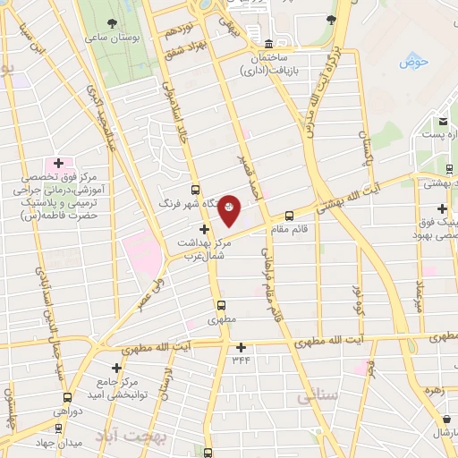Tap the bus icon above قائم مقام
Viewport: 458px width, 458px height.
(289, 216)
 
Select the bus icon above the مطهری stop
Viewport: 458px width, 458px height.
(223, 305)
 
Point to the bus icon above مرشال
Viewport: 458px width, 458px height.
(445, 418)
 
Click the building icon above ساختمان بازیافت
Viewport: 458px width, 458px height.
(268, 44)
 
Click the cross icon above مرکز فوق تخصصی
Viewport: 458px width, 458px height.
(59, 163)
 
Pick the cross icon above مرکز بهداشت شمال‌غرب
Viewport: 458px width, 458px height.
(205, 229)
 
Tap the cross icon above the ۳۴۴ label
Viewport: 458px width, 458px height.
(241, 347)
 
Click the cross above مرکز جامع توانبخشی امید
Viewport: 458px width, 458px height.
(116, 368)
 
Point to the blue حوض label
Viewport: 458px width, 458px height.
(415, 61)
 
